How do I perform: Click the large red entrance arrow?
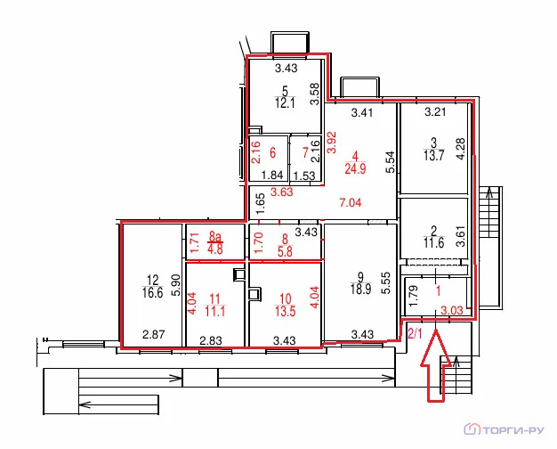(436, 370)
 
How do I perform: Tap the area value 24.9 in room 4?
(355, 168)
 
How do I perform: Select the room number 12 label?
(152, 280)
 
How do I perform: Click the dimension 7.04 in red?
(351, 202)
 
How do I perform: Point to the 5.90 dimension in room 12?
(176, 286)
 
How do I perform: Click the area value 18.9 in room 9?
(361, 289)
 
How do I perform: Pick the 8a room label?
(215, 236)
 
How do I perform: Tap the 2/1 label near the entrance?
(415, 334)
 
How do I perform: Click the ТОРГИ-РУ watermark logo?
(505, 429)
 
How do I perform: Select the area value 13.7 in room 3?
(433, 155)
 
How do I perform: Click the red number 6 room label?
(272, 153)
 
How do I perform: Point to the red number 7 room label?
(305, 153)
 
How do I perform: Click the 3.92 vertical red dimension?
(332, 143)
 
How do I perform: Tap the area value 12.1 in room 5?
(285, 103)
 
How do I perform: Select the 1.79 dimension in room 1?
(414, 296)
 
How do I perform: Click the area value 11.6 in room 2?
(433, 242)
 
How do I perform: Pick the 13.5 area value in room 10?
(286, 311)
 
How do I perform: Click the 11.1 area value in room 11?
(215, 311)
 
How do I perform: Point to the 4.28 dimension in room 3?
(460, 149)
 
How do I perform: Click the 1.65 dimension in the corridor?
(261, 203)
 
